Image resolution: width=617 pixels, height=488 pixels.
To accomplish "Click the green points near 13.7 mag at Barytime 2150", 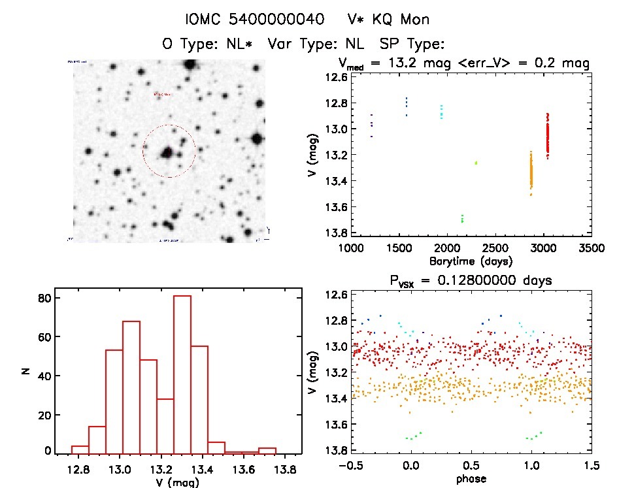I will pyautogui.click(x=462, y=218).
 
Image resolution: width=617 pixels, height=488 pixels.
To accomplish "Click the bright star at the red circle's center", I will pyautogui.click(x=167, y=153).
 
